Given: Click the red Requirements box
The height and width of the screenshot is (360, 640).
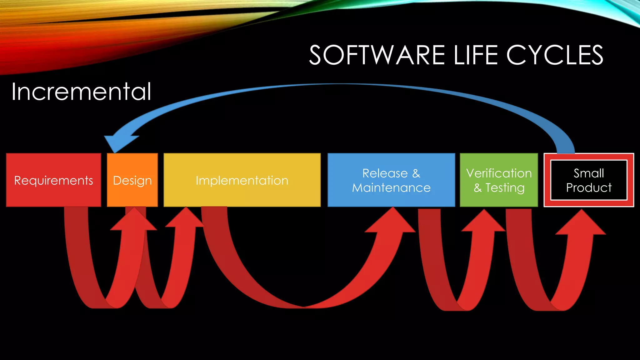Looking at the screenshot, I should coord(53,180).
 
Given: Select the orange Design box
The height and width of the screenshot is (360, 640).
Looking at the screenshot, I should coord(132,180).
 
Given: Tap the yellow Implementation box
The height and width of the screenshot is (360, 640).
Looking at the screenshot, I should coord(242,180).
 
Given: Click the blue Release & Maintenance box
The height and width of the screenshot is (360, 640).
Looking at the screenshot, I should coord(391,180).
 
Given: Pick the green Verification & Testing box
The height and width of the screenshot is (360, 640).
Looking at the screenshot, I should coord(499,180).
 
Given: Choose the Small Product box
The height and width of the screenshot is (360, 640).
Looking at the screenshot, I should coord(589,180).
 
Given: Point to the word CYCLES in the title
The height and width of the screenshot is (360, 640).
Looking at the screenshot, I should coord(555,55).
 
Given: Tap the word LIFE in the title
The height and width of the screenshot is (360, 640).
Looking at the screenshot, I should coord(475,55).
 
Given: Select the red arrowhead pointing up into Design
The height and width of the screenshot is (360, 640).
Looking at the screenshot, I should coord(134,221).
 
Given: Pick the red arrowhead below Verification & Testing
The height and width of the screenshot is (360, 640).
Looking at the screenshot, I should coord(484,222).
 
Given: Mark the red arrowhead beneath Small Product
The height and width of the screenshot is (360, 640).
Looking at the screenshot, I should coord(581,223).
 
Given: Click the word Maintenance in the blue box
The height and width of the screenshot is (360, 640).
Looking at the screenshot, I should coord(391,188).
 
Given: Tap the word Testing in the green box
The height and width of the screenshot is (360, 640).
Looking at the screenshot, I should coord(505,188).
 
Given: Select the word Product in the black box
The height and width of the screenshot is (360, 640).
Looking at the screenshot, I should coord(589,187).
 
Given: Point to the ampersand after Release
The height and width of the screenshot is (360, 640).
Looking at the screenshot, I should coord(416,173).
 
